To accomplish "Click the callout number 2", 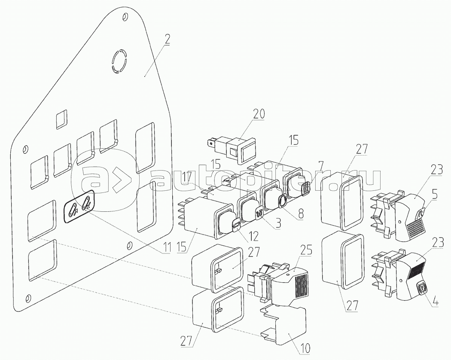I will [167, 39].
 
